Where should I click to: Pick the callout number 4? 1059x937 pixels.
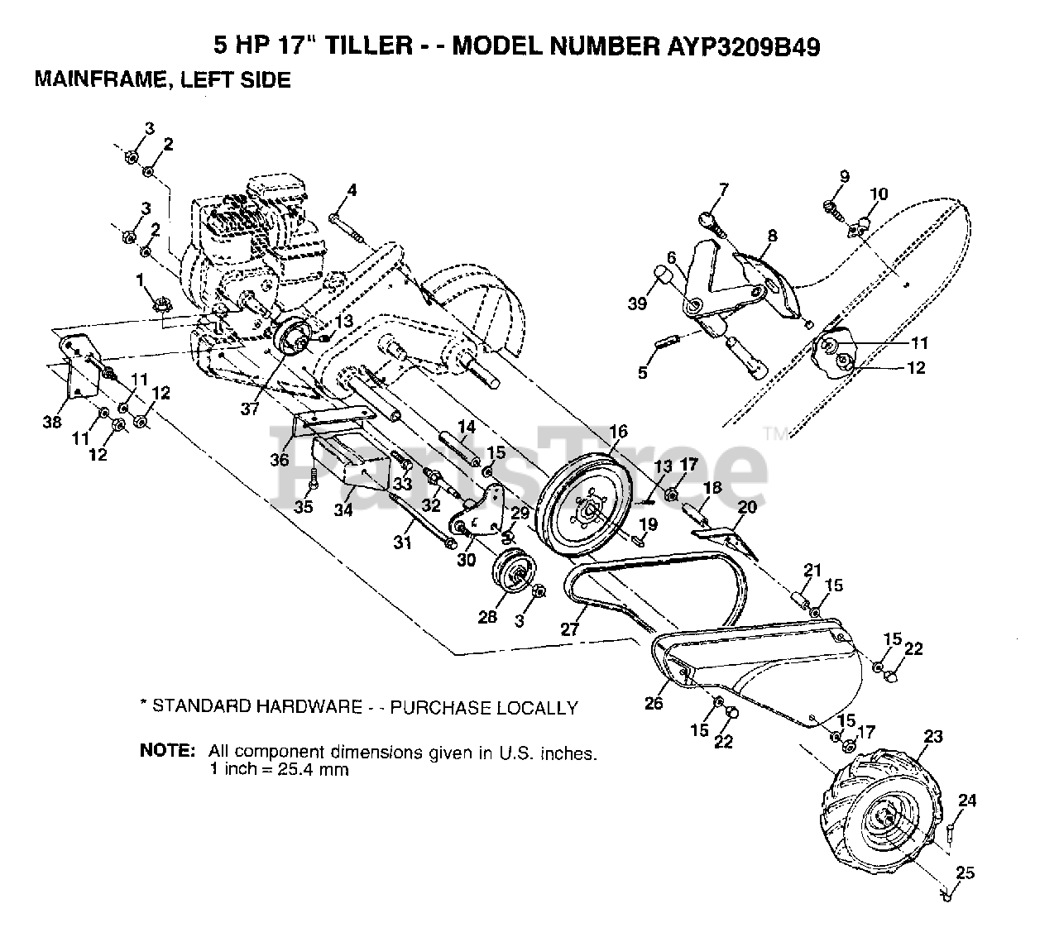click(x=352, y=190)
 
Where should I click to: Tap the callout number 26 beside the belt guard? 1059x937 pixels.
click(x=653, y=705)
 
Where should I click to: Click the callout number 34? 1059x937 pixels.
click(x=343, y=510)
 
